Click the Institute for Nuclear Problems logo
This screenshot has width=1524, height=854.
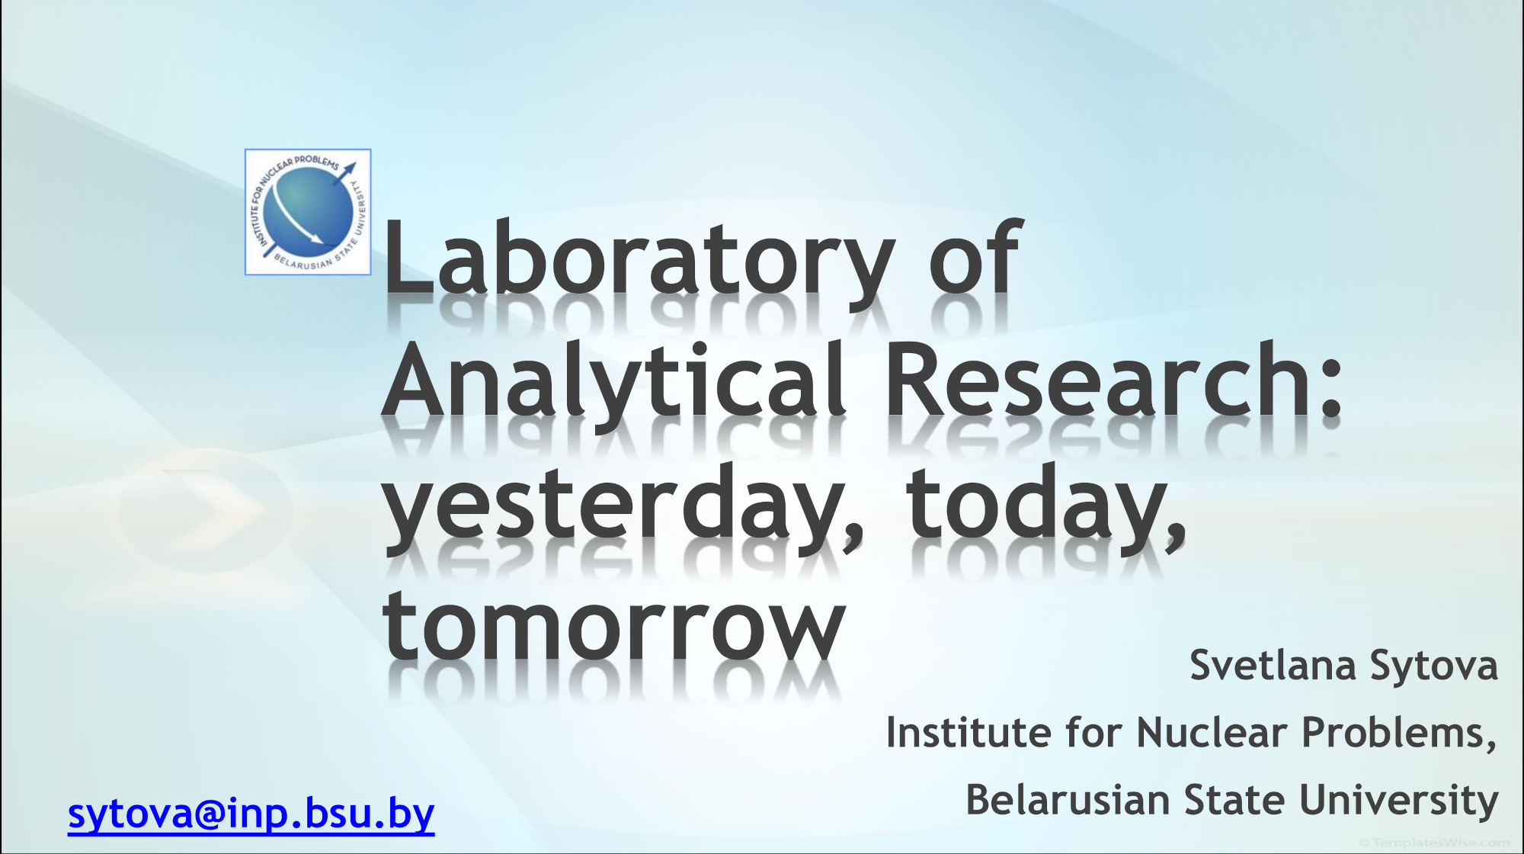click(308, 212)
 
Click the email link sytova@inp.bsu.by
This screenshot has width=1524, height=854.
click(251, 814)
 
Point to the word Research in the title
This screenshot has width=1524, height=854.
click(1097, 379)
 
